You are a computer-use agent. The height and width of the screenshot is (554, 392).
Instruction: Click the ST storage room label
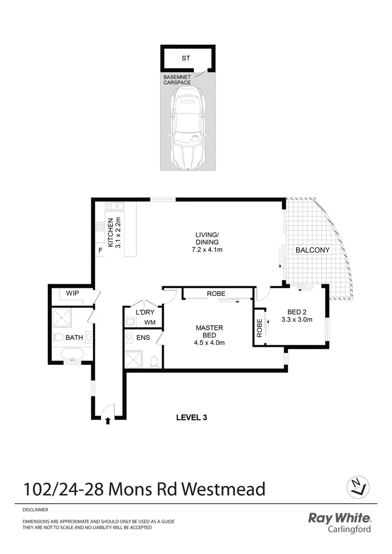[186, 58]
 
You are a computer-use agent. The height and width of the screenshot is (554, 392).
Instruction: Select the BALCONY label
[312, 250]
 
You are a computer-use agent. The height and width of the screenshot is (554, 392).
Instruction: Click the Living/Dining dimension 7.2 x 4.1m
[207, 250]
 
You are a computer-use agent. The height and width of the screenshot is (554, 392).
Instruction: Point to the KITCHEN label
[109, 232]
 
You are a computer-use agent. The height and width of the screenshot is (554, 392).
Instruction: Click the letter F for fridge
[101, 250]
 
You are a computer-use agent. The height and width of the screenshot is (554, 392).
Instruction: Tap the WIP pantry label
[72, 293]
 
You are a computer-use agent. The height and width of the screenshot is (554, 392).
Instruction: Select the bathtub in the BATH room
[71, 353]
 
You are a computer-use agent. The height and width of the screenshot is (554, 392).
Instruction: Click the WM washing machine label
[150, 323]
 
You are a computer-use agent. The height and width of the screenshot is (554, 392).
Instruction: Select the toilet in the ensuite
[153, 362]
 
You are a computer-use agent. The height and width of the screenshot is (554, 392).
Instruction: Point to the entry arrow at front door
[108, 421]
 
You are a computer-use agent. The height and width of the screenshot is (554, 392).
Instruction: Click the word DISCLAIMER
[35, 510]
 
